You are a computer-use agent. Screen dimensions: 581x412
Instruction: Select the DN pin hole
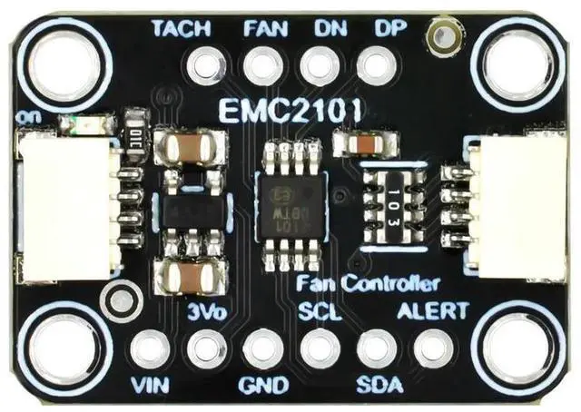pyautogui.click(x=319, y=66)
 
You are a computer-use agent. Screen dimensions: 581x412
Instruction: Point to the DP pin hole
pyautogui.click(x=374, y=66)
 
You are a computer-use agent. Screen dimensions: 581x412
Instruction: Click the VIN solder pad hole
pyautogui.click(x=150, y=348)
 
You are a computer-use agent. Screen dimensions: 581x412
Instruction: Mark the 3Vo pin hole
pyautogui.click(x=206, y=348)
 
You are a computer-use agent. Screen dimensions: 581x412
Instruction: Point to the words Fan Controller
pyautogui.click(x=369, y=283)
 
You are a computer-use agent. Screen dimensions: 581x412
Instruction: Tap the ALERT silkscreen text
pyautogui.click(x=434, y=311)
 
